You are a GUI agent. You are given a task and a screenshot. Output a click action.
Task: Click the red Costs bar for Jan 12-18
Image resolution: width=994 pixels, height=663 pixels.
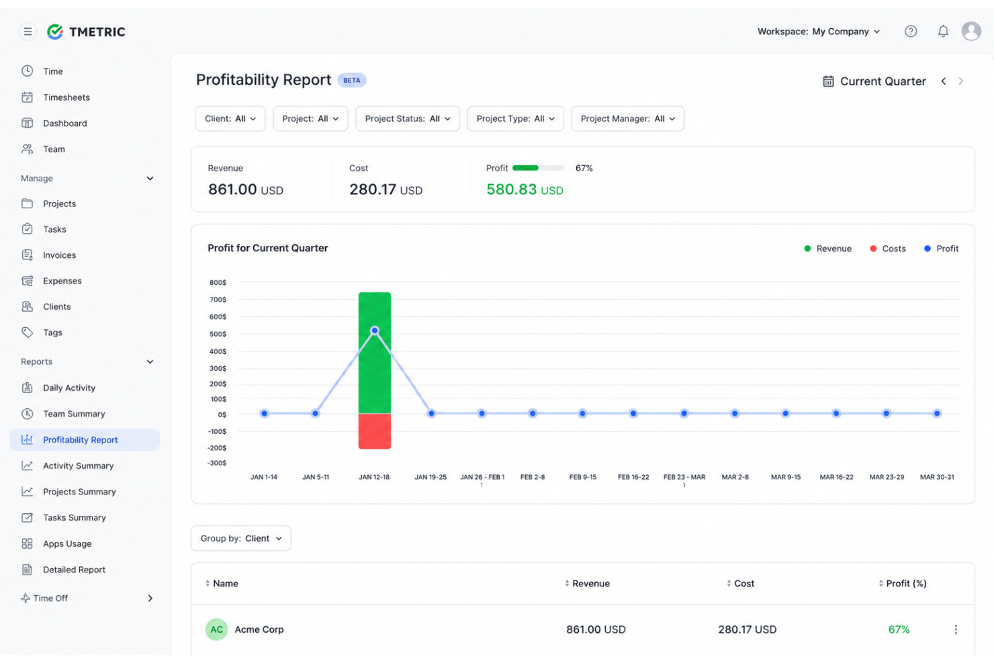pos(375,431)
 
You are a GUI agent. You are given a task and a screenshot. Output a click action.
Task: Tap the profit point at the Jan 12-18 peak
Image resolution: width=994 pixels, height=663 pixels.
pos(375,330)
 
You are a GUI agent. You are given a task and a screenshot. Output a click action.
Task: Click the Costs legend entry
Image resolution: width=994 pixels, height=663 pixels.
pos(887,249)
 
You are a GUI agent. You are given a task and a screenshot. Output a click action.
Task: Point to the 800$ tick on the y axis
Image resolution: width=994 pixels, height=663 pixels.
pos(218,282)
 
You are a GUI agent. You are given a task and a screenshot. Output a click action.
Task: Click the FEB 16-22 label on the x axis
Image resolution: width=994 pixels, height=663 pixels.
pos(633,477)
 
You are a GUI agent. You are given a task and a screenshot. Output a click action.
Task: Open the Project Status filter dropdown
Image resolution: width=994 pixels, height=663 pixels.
pos(408,118)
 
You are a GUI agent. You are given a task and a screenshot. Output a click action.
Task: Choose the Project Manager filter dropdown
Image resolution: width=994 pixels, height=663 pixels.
pos(627,118)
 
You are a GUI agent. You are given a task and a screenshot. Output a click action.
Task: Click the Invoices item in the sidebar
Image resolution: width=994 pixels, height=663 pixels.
pos(60,255)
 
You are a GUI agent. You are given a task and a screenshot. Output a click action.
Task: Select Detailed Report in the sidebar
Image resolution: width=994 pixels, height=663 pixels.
pos(74,570)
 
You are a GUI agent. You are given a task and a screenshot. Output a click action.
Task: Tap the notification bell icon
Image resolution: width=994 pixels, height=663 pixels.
pos(943,31)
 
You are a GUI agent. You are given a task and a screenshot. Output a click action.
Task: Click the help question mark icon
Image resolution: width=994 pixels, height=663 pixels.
pos(911,31)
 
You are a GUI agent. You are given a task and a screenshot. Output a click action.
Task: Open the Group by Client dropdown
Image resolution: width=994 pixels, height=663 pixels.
pos(241,538)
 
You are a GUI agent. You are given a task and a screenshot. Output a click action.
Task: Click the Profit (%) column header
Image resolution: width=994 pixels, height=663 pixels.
pos(906,584)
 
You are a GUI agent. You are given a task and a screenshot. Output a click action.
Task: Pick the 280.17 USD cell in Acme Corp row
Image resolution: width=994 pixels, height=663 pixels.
pos(748,629)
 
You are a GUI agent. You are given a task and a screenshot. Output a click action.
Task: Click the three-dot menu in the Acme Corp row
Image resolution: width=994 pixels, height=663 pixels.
pos(956,629)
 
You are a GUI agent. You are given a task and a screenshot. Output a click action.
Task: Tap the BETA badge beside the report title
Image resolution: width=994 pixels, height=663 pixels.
pos(351,81)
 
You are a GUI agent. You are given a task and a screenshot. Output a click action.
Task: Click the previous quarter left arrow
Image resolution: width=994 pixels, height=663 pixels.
pos(944,81)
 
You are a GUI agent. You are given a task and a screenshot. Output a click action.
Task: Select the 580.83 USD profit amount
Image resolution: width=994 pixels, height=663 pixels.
pos(525,189)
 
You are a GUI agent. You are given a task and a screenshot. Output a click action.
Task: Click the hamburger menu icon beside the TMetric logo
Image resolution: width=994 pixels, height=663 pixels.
pos(28,32)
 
